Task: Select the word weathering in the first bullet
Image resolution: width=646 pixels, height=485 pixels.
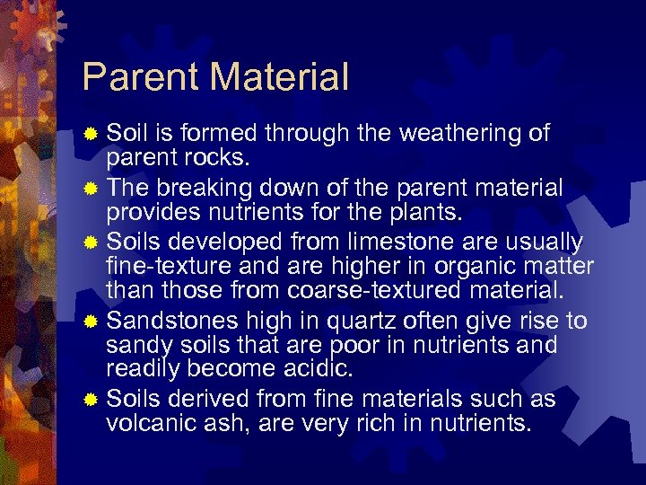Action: coord(458,134)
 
